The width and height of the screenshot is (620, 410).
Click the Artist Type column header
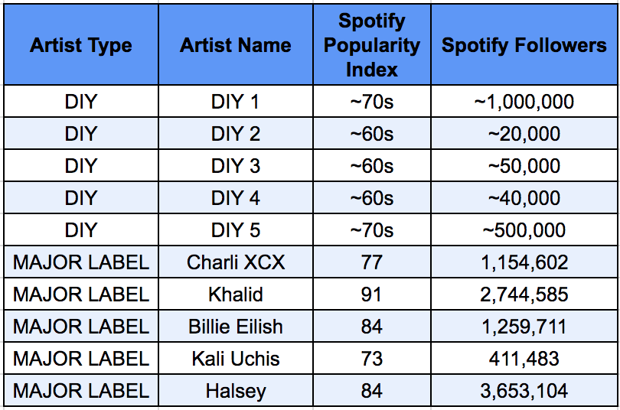[81, 45]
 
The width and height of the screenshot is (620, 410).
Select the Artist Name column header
[236, 45]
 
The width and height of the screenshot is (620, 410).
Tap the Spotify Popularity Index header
[372, 45]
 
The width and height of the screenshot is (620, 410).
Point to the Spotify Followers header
[524, 45]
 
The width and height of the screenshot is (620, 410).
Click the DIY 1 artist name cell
[236, 102]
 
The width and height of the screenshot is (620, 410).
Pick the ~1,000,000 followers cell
[524, 102]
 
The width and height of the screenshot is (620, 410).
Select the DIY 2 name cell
[236, 134]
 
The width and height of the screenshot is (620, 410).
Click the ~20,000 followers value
[524, 134]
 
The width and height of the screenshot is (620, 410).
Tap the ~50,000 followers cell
[524, 166]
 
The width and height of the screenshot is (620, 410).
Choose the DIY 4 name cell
[236, 198]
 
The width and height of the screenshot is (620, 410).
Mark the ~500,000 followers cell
[524, 230]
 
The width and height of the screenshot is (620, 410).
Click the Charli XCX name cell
[236, 262]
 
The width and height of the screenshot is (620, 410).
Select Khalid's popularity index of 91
[371, 294]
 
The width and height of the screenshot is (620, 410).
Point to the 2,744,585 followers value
[524, 294]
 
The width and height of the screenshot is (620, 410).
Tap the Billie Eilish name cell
[236, 327]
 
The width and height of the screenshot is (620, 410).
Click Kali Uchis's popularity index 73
[372, 359]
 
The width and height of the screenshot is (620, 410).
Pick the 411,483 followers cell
[524, 359]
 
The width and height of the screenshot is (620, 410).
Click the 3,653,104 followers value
[524, 391]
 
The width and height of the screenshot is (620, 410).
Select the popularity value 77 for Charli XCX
[372, 262]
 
